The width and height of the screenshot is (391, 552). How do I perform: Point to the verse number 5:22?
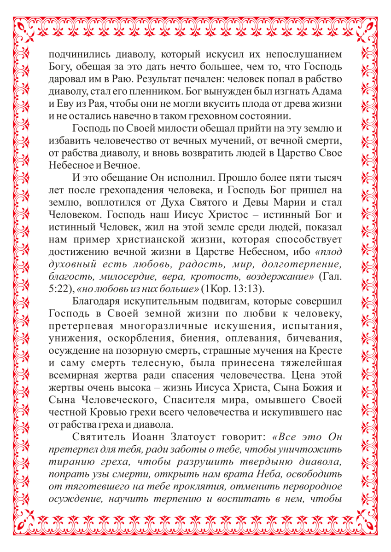pos(57,289)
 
